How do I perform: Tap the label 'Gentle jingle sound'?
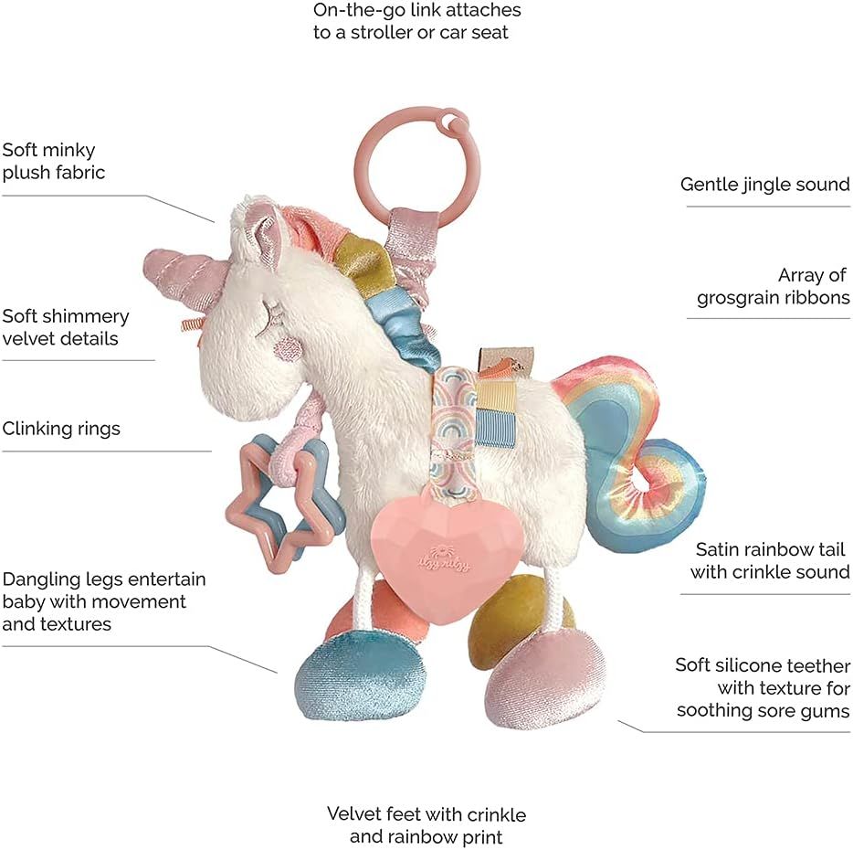click(x=764, y=185)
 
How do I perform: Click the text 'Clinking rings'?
click(x=61, y=429)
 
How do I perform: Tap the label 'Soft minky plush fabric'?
click(x=54, y=161)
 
